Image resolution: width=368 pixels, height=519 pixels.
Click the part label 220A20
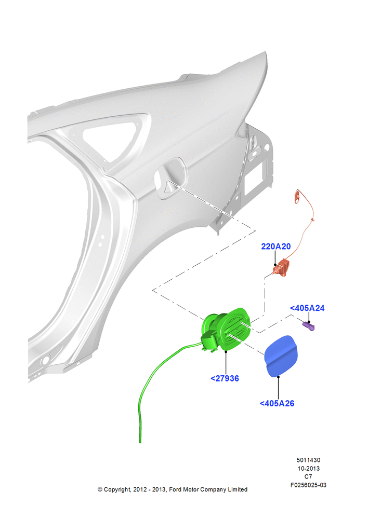click(275, 246)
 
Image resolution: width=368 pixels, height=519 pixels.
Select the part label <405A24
click(307, 308)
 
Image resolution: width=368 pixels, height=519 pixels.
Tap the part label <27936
click(225, 378)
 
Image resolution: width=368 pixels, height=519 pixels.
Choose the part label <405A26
click(277, 403)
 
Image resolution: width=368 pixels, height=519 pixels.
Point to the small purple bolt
click(309, 326)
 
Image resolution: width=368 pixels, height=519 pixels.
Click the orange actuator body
click(282, 268)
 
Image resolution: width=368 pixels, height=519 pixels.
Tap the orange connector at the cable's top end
click(297, 196)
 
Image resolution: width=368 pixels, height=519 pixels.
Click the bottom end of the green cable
click(140, 442)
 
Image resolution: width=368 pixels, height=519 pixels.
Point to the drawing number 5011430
click(308, 460)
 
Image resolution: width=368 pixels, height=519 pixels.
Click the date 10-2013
click(308, 468)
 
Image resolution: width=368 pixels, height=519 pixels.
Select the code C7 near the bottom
click(308, 476)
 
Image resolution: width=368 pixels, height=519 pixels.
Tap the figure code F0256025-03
click(308, 485)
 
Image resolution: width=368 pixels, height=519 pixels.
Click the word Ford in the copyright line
click(175, 489)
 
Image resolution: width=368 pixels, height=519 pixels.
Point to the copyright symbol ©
click(100, 489)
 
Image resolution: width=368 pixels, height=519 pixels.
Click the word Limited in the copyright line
click(238, 489)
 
